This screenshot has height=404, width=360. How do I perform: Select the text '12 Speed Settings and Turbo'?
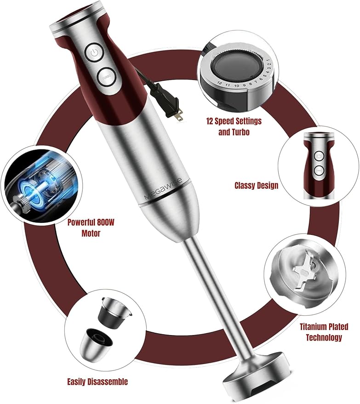pos(234,126)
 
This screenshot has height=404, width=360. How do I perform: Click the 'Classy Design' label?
pos(256,186)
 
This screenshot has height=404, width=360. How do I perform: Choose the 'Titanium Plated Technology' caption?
pos(321,332)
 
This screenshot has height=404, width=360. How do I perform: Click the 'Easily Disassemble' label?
pos(97,381)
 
